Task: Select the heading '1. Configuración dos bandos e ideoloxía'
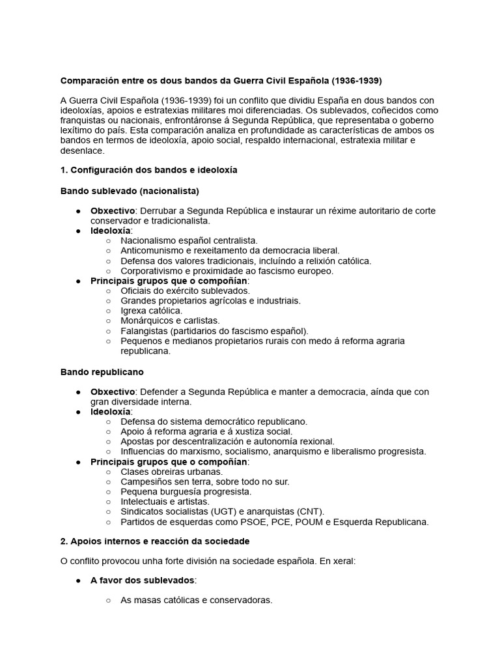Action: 149,170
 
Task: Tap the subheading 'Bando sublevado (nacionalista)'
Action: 130,191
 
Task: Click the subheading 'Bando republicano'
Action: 102,371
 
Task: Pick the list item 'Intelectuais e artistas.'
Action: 165,502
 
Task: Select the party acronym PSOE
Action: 249,522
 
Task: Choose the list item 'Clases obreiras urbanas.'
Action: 172,472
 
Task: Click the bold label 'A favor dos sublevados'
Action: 143,580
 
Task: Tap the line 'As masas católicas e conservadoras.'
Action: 196,600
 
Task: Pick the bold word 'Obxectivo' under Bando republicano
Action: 112,391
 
